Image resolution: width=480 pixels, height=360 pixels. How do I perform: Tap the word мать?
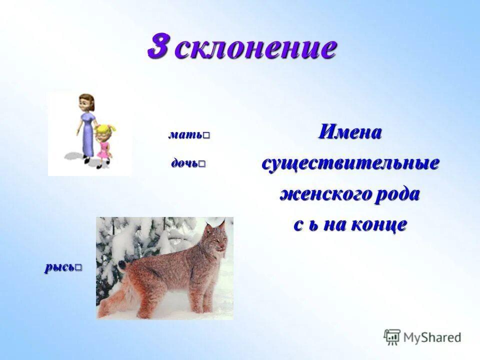tap(184, 135)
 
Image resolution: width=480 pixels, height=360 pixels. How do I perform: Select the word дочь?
tap(184, 163)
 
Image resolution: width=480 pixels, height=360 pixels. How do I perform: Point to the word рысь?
tap(59, 267)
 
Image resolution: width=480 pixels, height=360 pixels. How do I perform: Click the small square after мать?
tap(206, 135)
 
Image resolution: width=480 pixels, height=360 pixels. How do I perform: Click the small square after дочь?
tap(202, 164)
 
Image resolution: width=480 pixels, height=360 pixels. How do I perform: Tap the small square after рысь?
tap(78, 267)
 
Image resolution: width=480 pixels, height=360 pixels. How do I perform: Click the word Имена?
tap(350, 132)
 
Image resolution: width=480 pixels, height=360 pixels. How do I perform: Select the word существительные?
tap(350, 163)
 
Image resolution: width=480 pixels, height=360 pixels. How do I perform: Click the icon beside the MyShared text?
tap(392, 337)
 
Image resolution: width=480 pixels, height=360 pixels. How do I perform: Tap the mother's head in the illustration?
tap(85, 102)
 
